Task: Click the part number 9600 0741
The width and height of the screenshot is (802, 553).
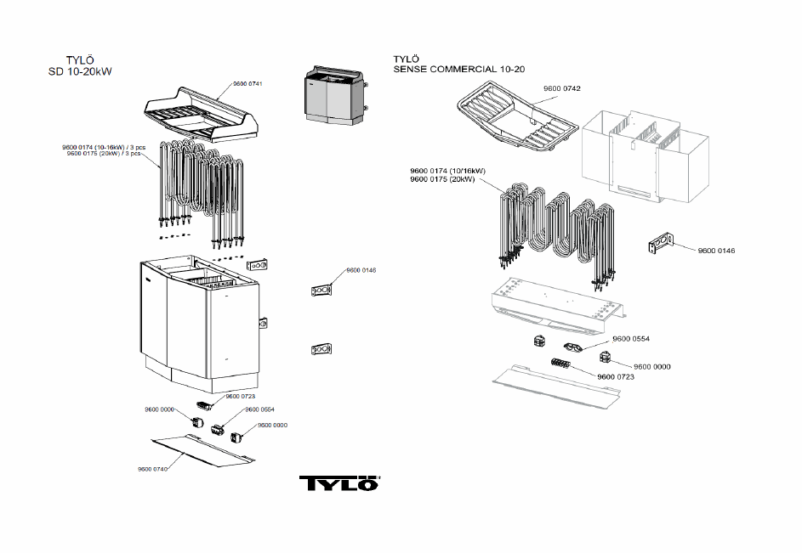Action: [x=247, y=84]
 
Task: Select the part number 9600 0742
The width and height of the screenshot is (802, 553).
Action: [x=561, y=88]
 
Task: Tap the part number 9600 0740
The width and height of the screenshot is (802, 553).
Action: [x=152, y=469]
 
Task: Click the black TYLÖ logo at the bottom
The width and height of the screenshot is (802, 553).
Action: [x=339, y=483]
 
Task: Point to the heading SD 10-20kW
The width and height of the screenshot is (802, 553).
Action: [x=80, y=71]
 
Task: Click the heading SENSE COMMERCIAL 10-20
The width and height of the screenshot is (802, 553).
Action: [x=458, y=69]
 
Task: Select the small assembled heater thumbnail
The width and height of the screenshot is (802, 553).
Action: [x=336, y=95]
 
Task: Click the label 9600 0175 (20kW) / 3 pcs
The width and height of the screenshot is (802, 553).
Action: [x=103, y=153]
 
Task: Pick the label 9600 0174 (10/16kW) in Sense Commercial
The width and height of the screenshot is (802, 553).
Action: [x=447, y=171]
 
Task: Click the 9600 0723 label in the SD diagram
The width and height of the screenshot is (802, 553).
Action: [x=240, y=396]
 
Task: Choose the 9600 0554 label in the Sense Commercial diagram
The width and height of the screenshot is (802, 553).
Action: [x=631, y=339]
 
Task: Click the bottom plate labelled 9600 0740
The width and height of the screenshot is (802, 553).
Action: [x=203, y=450]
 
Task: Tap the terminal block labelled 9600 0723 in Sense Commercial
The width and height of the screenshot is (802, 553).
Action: [x=560, y=364]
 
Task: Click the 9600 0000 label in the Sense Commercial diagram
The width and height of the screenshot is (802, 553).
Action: [x=651, y=366]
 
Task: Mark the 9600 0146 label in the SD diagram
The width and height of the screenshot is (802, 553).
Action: [x=361, y=270]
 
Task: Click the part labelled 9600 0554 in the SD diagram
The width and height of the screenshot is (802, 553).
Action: [x=218, y=429]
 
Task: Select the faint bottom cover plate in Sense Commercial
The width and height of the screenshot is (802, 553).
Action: [x=556, y=382]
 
